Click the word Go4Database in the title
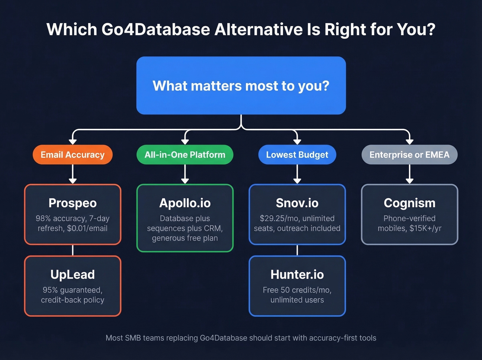click(x=156, y=30)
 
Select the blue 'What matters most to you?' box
click(x=241, y=85)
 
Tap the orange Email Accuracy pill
click(x=73, y=155)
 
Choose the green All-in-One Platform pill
click(x=185, y=155)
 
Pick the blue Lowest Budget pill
click(x=297, y=155)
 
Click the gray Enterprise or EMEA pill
click(x=409, y=155)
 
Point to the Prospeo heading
click(x=73, y=203)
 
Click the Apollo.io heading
click(x=185, y=203)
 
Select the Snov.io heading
click(x=297, y=203)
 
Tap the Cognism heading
click(x=409, y=203)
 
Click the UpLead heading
click(x=73, y=275)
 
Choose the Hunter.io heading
click(x=297, y=275)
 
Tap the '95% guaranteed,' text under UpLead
click(x=73, y=290)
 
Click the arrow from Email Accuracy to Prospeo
click(x=73, y=174)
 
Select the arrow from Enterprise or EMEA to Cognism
click(x=409, y=174)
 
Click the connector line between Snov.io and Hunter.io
click(x=297, y=250)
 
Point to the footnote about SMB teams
click(x=241, y=338)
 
